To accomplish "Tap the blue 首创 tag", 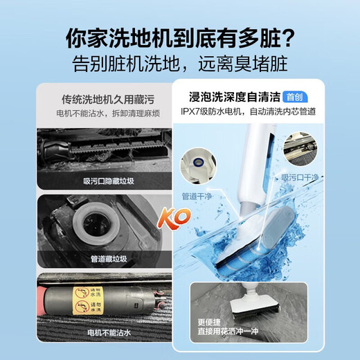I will tap(294, 98).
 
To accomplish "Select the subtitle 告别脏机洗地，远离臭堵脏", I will tap(180, 64).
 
